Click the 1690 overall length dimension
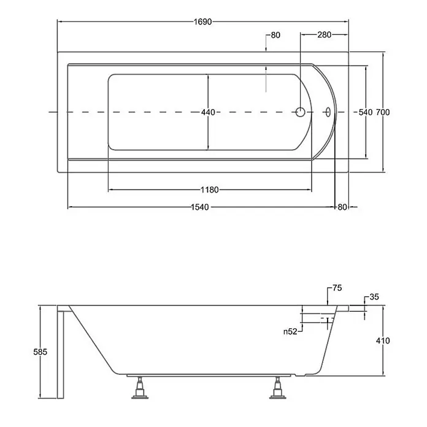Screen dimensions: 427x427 click(x=202, y=22)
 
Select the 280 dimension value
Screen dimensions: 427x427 click(x=325, y=34)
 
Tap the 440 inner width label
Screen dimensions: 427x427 click(x=208, y=112)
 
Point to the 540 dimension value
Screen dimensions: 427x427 click(x=366, y=112)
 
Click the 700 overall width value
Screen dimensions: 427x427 click(x=383, y=112)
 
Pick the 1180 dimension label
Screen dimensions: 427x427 click(x=210, y=190)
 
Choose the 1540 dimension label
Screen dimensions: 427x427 click(x=200, y=207)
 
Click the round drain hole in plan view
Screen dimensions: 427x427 click(x=301, y=112)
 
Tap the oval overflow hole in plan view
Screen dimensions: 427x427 click(x=328, y=112)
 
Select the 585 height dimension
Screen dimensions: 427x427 click(x=40, y=352)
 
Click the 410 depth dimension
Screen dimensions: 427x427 click(x=383, y=340)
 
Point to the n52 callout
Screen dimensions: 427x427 click(x=290, y=331)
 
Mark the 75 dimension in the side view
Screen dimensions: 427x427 click(x=337, y=288)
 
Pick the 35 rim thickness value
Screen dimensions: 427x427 click(x=374, y=297)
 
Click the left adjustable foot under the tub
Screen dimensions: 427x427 click(x=140, y=388)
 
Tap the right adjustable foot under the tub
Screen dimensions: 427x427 click(x=278, y=388)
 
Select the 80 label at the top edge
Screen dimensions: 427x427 click(x=275, y=35)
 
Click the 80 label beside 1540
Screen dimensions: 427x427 click(x=342, y=207)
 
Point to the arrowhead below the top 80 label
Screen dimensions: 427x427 click(x=266, y=49)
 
